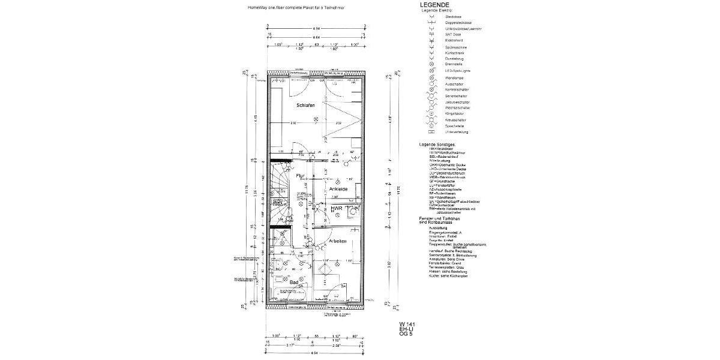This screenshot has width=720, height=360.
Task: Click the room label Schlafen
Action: (x=305, y=106)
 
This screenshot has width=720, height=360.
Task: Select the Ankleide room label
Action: (x=338, y=189)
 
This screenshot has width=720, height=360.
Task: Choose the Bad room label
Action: (x=294, y=281)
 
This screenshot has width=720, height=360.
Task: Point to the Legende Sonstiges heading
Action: (x=437, y=145)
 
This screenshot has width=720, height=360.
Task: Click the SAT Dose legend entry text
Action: (x=453, y=34)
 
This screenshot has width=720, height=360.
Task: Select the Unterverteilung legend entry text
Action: (x=457, y=132)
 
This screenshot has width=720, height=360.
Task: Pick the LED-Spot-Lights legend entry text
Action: (x=458, y=70)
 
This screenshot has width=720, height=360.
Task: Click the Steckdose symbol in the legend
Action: (x=431, y=17)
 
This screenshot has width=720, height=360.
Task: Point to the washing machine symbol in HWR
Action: (x=353, y=211)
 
